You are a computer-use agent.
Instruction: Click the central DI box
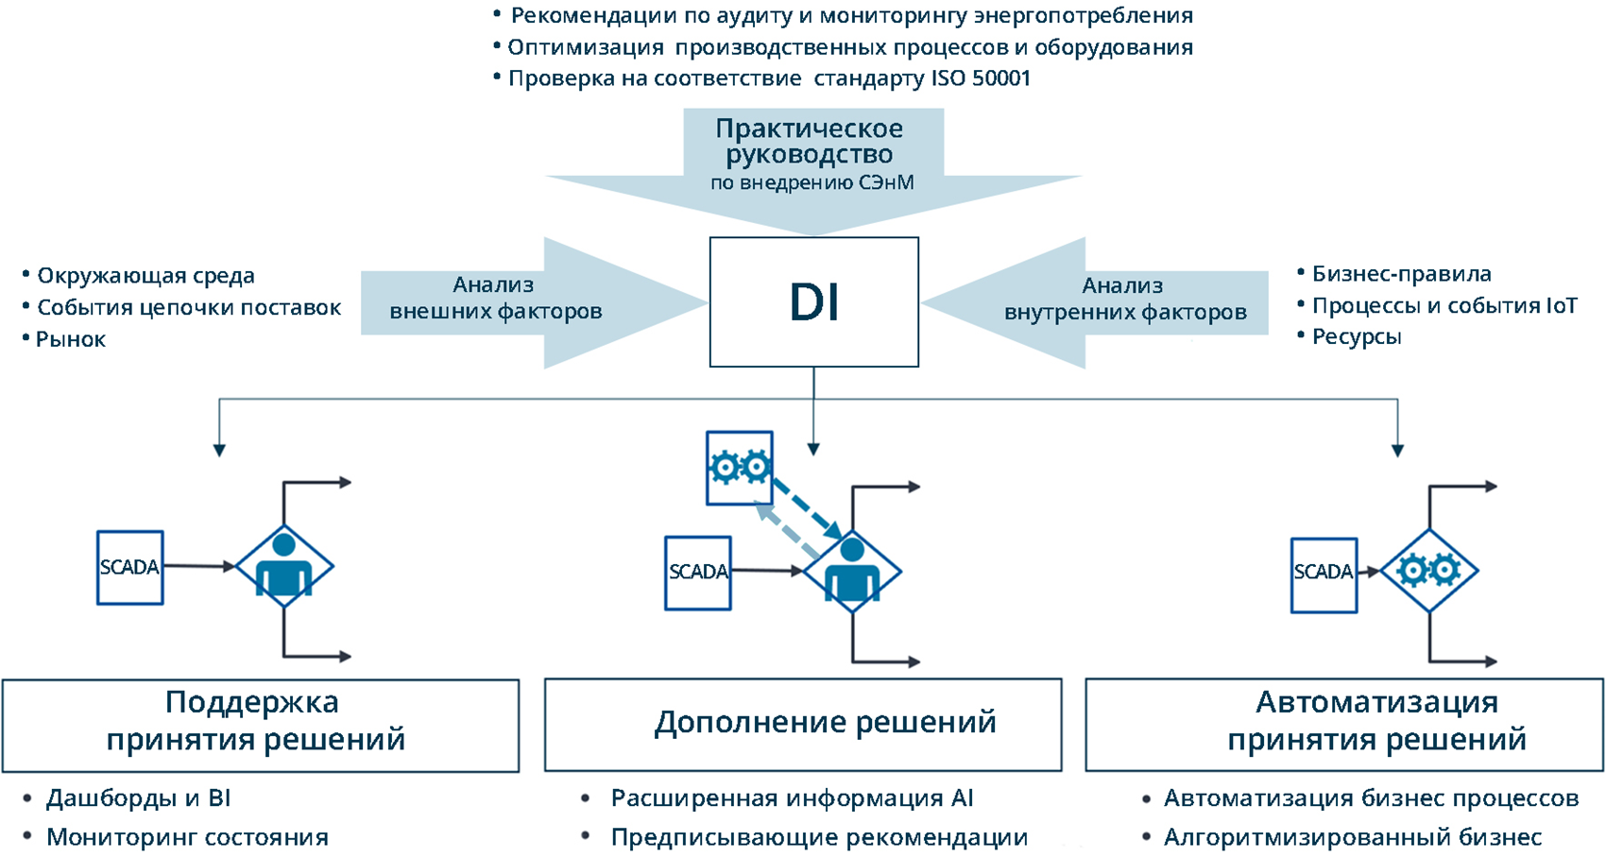(x=813, y=301)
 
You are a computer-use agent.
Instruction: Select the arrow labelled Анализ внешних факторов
(x=510, y=300)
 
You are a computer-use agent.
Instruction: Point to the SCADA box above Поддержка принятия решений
(x=130, y=567)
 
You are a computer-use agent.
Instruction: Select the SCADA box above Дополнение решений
(x=698, y=573)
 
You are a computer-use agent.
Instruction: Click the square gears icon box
(x=740, y=468)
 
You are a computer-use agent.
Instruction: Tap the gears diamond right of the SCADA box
(x=1428, y=571)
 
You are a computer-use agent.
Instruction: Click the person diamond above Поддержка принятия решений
(x=283, y=567)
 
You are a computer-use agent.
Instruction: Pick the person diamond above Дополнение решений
(x=852, y=572)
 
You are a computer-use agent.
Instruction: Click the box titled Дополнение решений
(x=803, y=724)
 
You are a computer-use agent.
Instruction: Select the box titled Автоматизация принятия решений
(x=1343, y=724)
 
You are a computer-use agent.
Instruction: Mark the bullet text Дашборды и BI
(x=138, y=798)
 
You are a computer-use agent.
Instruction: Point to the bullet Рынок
(x=71, y=340)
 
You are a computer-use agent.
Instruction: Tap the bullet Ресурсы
(x=1356, y=337)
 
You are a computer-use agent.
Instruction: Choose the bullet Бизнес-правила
(x=1401, y=274)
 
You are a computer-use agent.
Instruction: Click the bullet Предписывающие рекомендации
(x=818, y=837)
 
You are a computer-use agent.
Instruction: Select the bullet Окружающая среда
(x=145, y=276)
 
